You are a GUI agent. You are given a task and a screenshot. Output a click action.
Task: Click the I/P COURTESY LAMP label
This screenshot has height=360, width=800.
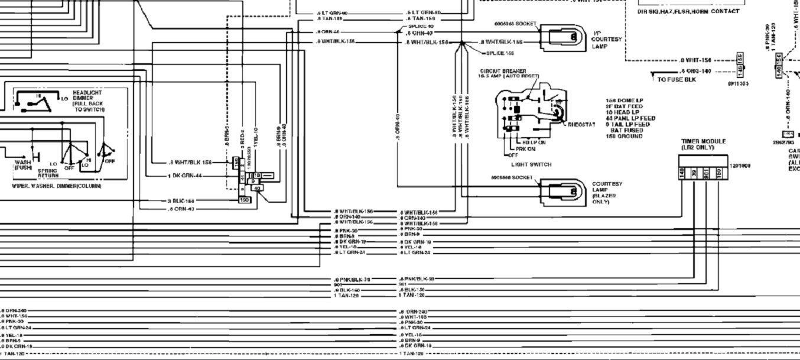(x=606, y=40)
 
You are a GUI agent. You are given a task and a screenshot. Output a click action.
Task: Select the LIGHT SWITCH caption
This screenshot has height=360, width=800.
(x=531, y=165)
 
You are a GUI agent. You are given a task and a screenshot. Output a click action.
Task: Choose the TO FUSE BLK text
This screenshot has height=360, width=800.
(x=677, y=79)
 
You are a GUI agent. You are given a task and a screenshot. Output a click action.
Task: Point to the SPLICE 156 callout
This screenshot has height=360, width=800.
(x=499, y=53)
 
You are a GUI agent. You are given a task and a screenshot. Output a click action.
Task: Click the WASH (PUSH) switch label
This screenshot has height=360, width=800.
(x=24, y=165)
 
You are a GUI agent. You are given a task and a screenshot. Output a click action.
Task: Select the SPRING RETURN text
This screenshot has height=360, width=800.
(x=48, y=173)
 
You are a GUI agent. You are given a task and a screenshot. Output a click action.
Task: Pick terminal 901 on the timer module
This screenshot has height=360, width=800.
(x=706, y=173)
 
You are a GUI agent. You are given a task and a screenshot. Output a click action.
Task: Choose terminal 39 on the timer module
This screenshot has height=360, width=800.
(x=694, y=173)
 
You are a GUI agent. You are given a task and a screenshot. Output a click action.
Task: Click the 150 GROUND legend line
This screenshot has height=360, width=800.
(x=624, y=136)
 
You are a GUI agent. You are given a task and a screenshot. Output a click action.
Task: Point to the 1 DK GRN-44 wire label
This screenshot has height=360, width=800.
(x=184, y=176)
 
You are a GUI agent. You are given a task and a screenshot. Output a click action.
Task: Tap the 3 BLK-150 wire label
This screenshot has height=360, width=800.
(x=185, y=201)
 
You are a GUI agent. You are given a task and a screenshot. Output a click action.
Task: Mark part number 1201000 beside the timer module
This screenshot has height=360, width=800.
(x=740, y=166)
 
